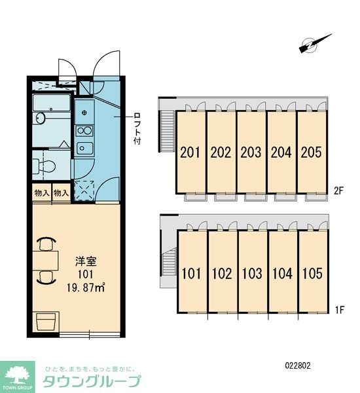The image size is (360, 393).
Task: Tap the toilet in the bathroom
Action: pyautogui.click(x=44, y=166)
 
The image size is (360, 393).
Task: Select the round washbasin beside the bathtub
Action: pyautogui.click(x=40, y=118)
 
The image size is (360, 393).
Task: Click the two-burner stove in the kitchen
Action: pyautogui.click(x=84, y=130)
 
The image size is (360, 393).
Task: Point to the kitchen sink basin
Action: pyautogui.click(x=84, y=149)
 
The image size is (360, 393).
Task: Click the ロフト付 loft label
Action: pyautogui.click(x=137, y=128)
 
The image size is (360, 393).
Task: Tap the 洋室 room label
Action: pyautogui.click(x=86, y=261)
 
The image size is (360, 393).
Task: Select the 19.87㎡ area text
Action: pyautogui.click(x=86, y=288)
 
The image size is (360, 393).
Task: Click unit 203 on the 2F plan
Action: pyautogui.click(x=251, y=153)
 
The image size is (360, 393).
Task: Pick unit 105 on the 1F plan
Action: pyautogui.click(x=312, y=273)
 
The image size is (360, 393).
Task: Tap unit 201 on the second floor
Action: pyautogui.click(x=190, y=153)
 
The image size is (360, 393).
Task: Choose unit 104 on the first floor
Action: pyautogui.click(x=282, y=273)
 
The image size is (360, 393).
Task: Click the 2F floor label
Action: pyautogui.click(x=338, y=191)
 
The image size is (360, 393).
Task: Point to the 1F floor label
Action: pyautogui.click(x=340, y=310)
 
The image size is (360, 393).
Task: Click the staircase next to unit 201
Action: pyautogui.click(x=168, y=131)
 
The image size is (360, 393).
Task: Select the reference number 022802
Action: pyautogui.click(x=298, y=365)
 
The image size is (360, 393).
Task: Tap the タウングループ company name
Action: pyautogui.click(x=91, y=382)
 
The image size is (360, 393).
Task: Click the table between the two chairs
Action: pyautogui.click(x=45, y=261)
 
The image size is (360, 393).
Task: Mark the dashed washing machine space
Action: pyautogui.click(x=84, y=191)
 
